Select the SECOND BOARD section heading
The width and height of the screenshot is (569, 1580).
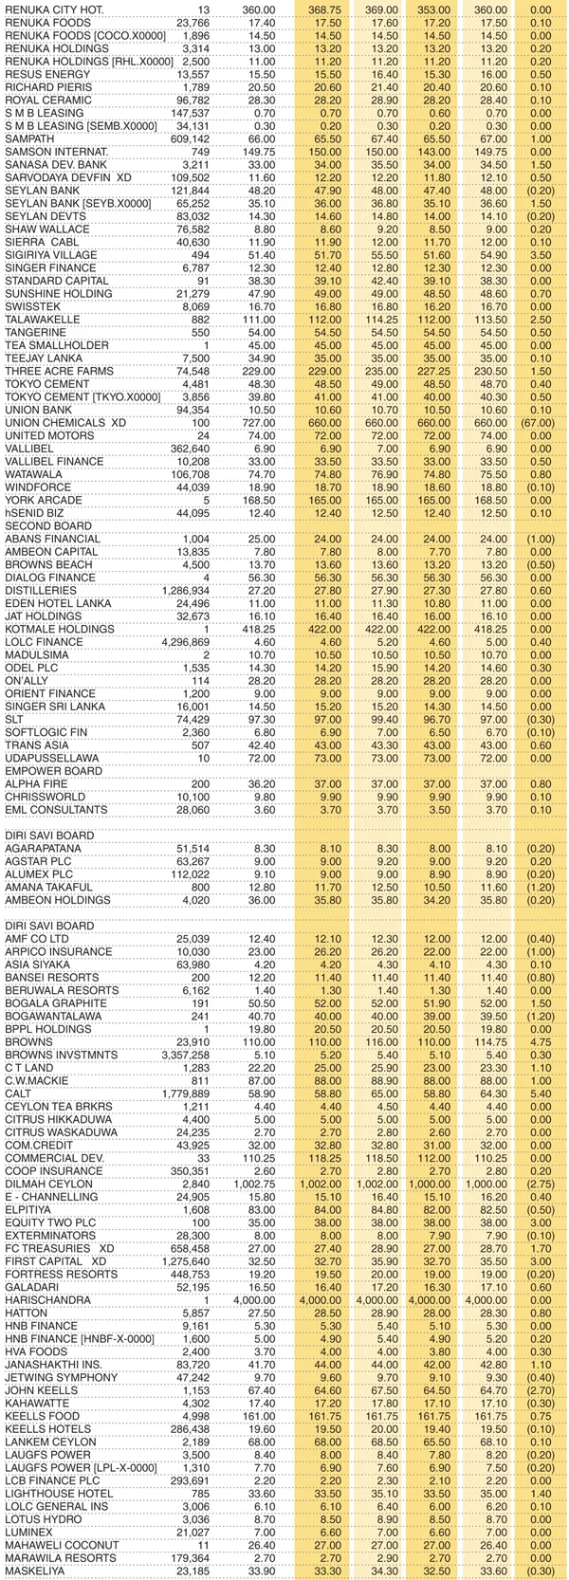coord(44,525)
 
